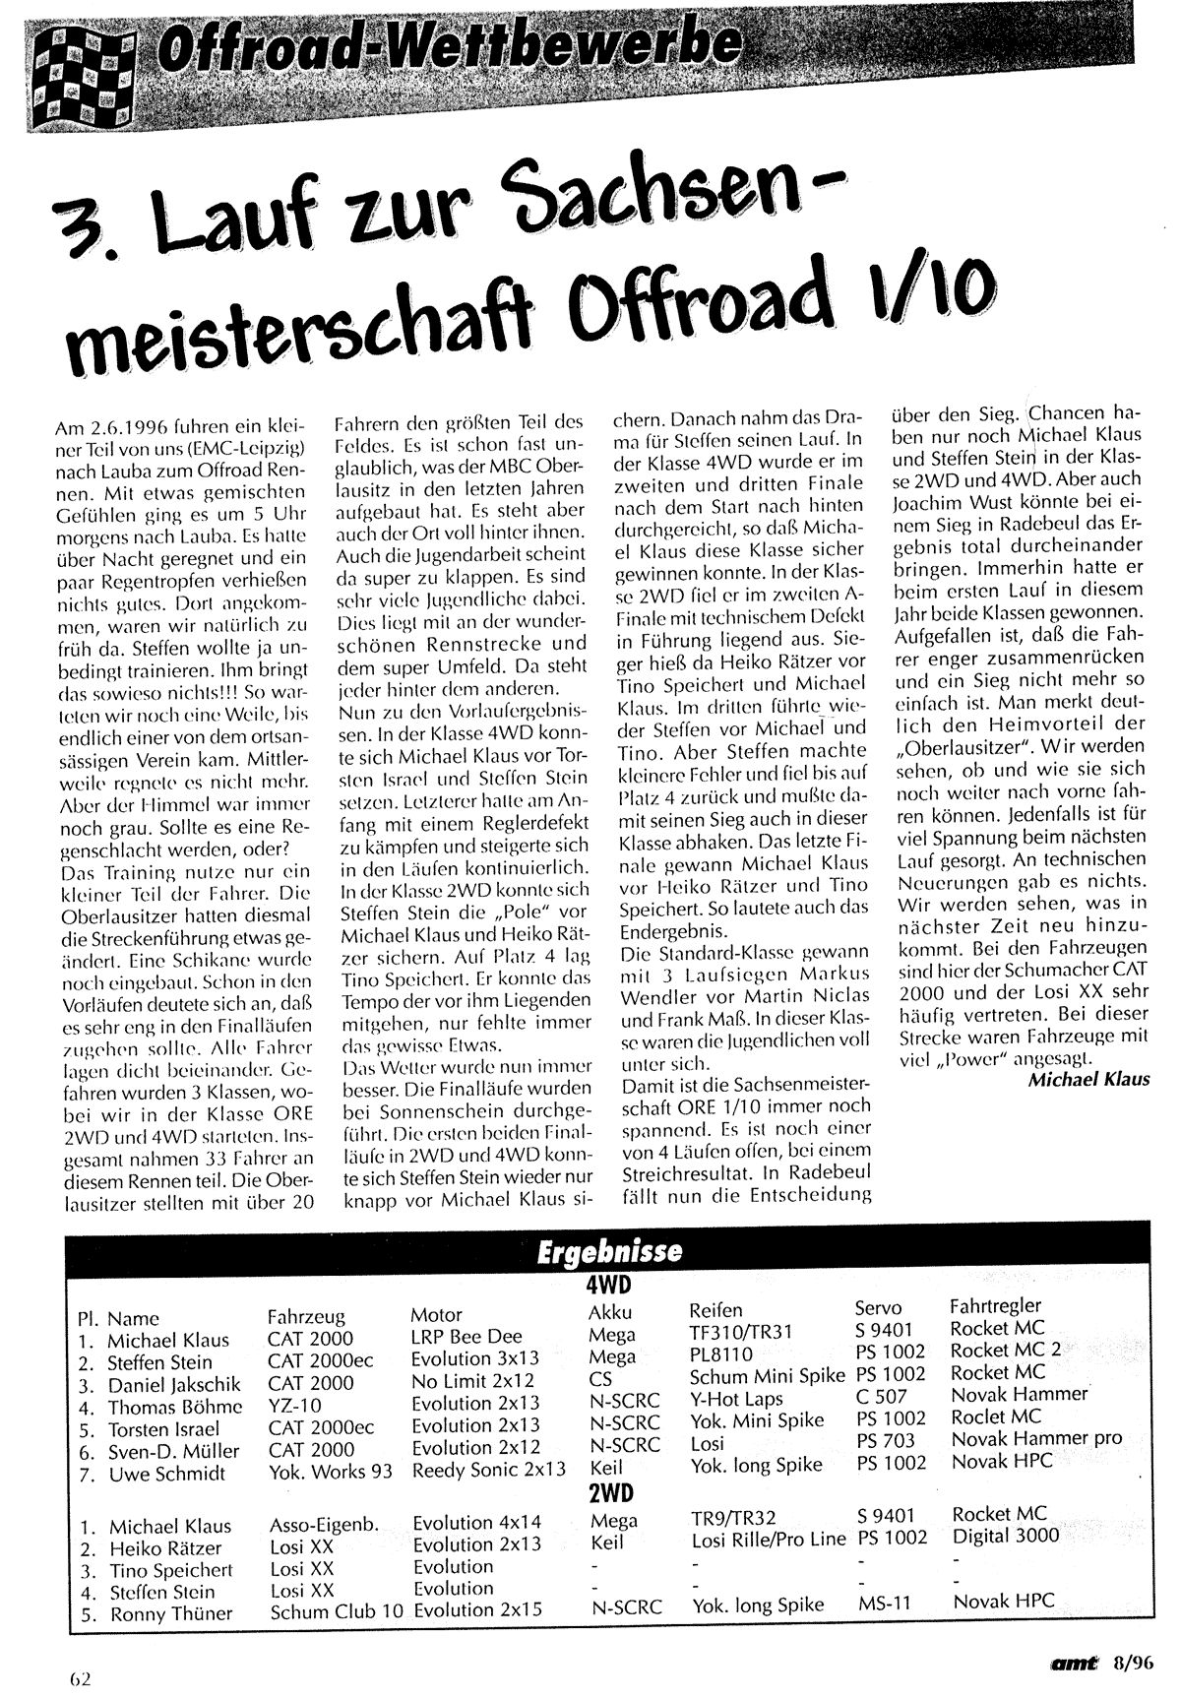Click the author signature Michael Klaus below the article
(1088, 1079)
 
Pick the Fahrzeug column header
(310, 1315)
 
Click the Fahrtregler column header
(995, 1305)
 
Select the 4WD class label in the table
(608, 1286)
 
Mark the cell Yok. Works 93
(331, 1472)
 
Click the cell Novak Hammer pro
(1036, 1438)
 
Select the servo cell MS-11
(884, 1604)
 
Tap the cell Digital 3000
(1006, 1536)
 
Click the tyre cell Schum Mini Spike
(767, 1376)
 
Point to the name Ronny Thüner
(171, 1613)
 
